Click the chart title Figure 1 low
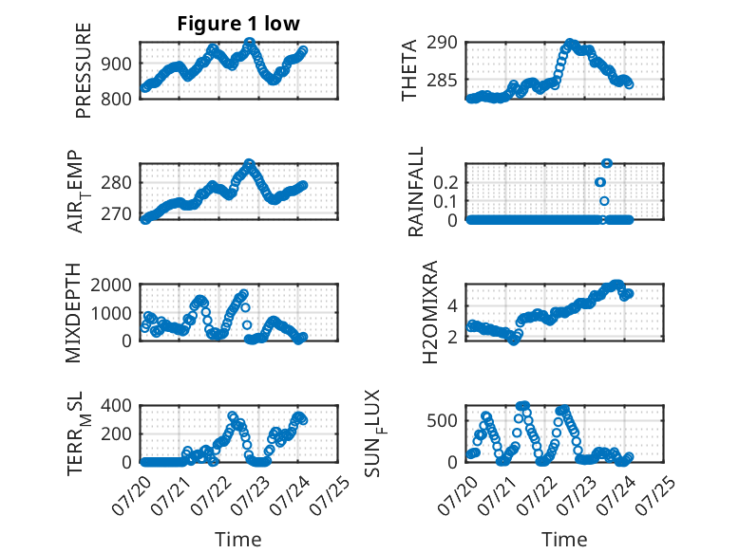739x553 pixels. [x=238, y=24]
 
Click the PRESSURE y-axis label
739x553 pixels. [x=83, y=70]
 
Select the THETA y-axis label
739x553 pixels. [x=409, y=70]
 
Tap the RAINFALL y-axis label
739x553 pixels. [x=416, y=192]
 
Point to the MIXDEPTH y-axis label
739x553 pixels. [x=73, y=313]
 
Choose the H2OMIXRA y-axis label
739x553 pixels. [x=430, y=312]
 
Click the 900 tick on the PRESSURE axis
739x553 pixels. [x=117, y=64]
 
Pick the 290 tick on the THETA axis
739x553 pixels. [x=442, y=43]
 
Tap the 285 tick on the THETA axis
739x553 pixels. [x=442, y=81]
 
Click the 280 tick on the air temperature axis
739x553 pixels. [x=117, y=183]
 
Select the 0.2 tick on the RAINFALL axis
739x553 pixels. [x=445, y=183]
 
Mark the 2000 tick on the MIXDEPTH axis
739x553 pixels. [x=111, y=285]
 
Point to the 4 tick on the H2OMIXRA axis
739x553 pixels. [x=452, y=306]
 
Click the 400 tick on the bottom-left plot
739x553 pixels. [x=117, y=405]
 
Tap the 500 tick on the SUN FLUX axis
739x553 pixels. [x=442, y=420]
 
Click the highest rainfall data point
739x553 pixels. [x=607, y=163]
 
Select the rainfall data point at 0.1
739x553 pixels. [x=604, y=201]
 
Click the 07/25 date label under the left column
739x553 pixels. [x=331, y=495]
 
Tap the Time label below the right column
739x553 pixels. [x=564, y=540]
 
